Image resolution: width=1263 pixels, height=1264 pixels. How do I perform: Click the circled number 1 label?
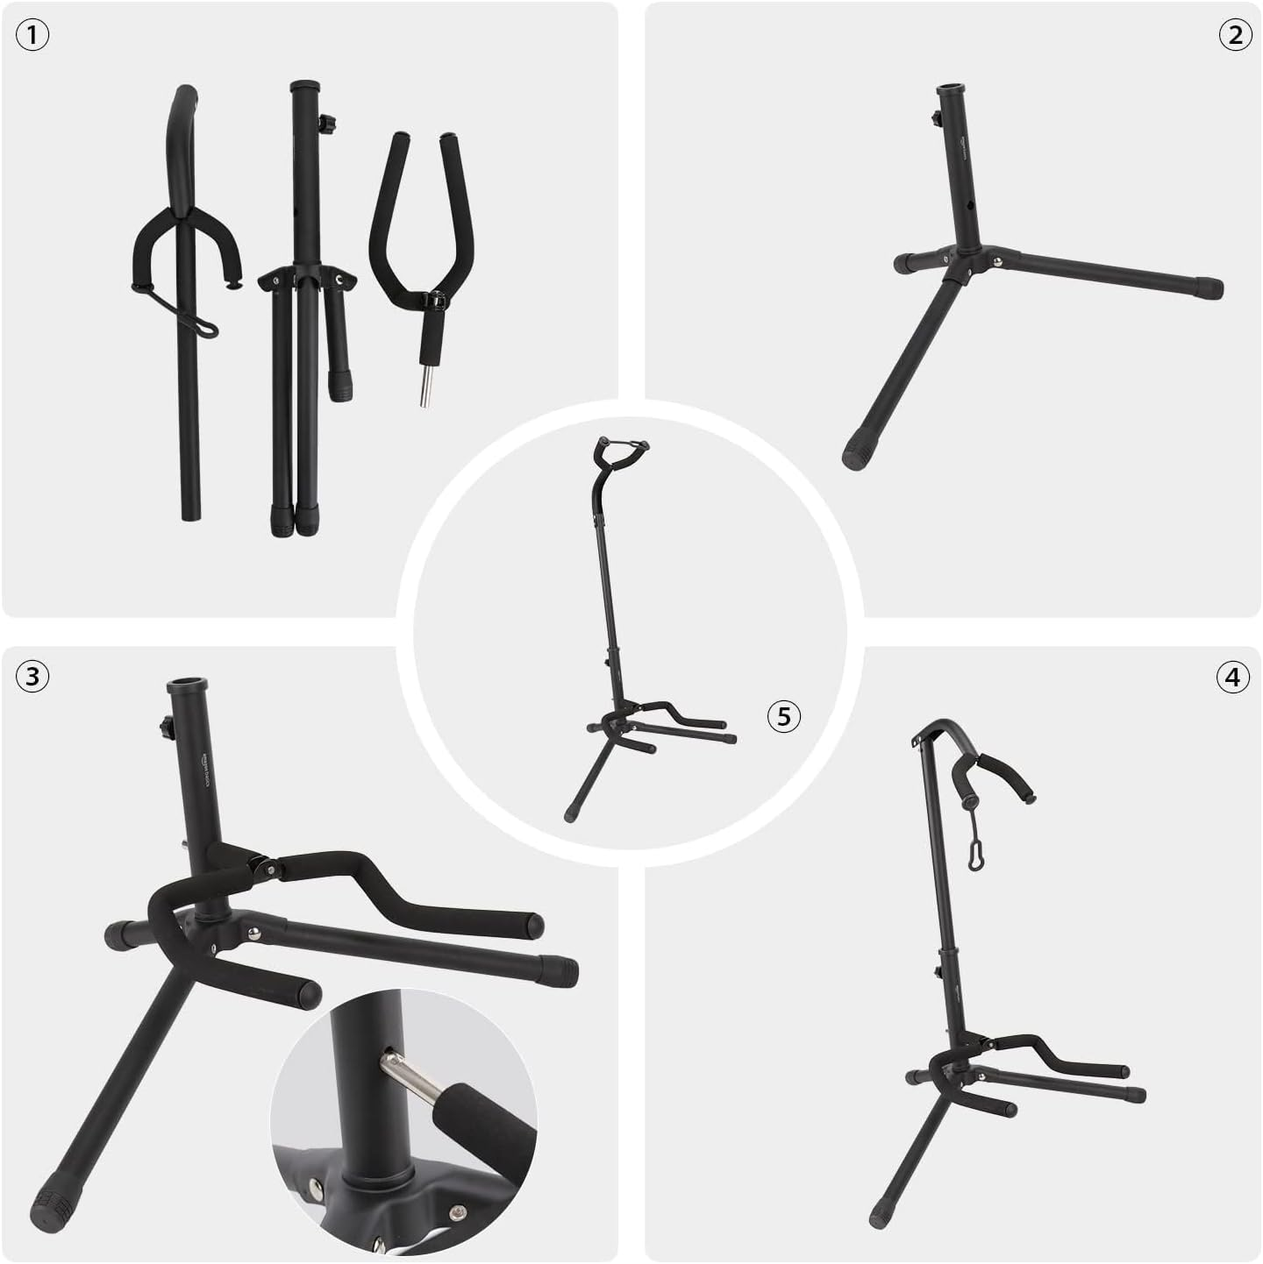coord(32,36)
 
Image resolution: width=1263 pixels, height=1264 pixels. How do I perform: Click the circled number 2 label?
coord(1234,36)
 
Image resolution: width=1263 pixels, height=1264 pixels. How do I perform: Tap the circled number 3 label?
coord(32,676)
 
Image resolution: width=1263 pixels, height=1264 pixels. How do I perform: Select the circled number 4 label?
coord(1233,677)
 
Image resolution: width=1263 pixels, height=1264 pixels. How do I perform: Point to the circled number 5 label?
coord(783,716)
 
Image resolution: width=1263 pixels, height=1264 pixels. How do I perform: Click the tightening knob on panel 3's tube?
coord(163,727)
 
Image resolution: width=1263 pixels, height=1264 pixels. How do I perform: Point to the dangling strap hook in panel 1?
coord(205,325)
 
